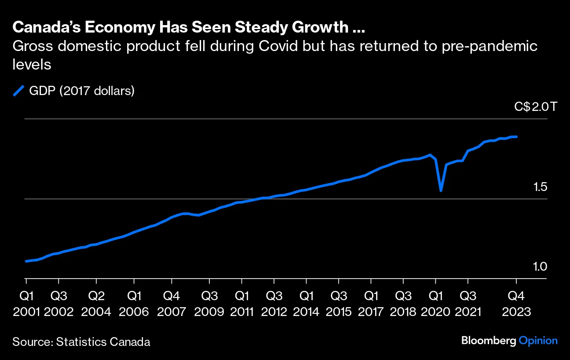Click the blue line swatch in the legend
pos(18,91)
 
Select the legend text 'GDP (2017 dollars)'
pos(81,91)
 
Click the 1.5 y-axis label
pos(540,187)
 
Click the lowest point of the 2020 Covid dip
pos(441,191)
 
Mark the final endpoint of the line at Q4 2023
pos(516,137)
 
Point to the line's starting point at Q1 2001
pos(26,261)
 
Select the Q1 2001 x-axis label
pos(26,303)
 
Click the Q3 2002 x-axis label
pos(58,303)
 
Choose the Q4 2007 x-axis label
pos(172,303)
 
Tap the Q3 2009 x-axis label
pos(209,303)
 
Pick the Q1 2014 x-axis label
pos(306,303)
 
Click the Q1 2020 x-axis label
pos(435,303)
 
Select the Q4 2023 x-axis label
pos(516,303)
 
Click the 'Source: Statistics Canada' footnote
pos(81,342)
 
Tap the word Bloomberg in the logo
pos(489,341)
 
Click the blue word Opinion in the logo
pos(538,341)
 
